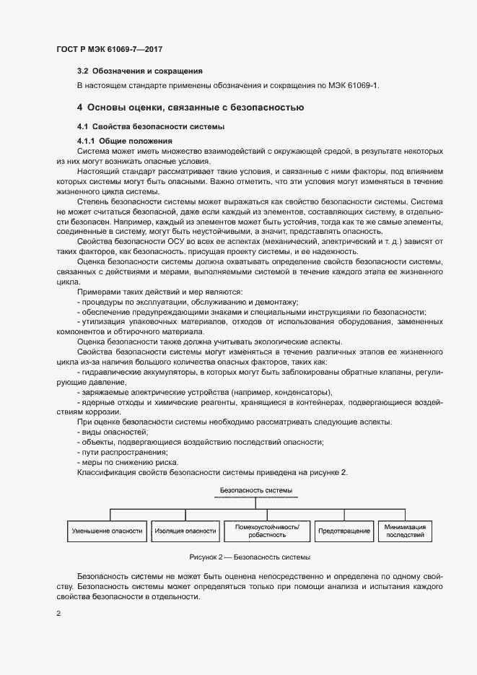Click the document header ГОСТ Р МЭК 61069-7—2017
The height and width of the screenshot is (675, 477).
pyautogui.click(x=109, y=48)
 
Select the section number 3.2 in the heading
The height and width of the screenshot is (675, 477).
pyautogui.click(x=83, y=71)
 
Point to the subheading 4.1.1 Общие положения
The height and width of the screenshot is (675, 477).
pyautogui.click(x=125, y=140)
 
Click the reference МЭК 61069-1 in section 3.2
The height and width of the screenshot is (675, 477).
pyautogui.click(x=354, y=86)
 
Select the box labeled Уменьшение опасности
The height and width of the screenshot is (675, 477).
pyautogui.click(x=107, y=531)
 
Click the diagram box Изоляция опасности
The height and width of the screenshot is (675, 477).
pyautogui.click(x=185, y=531)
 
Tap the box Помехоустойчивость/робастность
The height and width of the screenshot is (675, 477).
pyautogui.click(x=267, y=531)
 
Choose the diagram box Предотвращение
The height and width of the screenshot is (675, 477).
pyautogui.click(x=344, y=531)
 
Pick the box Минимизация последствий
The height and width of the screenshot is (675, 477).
pyautogui.click(x=405, y=531)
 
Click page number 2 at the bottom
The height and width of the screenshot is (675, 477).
pyautogui.click(x=58, y=613)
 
